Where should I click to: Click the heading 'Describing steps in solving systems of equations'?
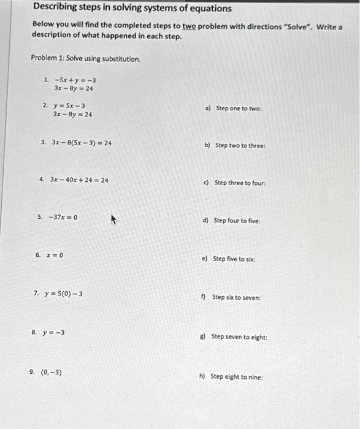tap(132, 9)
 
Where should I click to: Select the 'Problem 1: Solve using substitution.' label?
tap(85, 59)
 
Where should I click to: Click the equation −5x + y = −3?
tap(75, 80)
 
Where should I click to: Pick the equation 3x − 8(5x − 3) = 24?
tap(82, 143)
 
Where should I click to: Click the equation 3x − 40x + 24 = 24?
tap(80, 180)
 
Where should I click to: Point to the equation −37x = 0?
tap(62, 217)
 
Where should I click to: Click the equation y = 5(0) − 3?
tap(63, 294)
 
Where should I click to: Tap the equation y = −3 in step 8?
tap(54, 333)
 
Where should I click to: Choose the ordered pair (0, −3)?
tap(51, 372)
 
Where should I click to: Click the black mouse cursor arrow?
tap(113, 219)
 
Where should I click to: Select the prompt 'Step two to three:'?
tap(240, 146)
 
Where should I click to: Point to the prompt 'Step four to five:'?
tap(237, 221)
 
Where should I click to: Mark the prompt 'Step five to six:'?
tap(234, 259)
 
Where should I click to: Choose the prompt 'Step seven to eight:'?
tap(239, 336)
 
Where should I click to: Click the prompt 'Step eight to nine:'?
tap(237, 376)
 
